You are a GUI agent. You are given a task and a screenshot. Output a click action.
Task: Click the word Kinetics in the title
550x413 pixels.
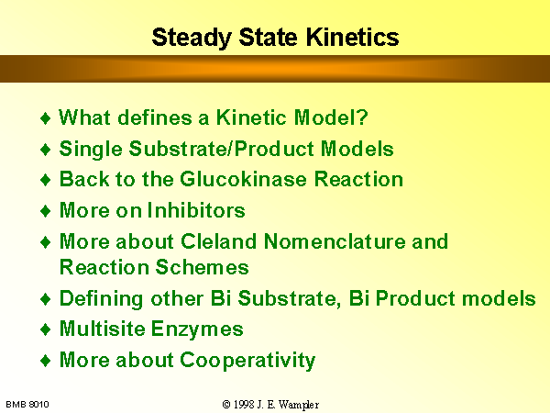(x=352, y=37)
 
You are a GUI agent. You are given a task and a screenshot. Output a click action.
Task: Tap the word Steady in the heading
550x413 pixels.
(x=192, y=39)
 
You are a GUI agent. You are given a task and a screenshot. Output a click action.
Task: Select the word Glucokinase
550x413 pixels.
(x=244, y=179)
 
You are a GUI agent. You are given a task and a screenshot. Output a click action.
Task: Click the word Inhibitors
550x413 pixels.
(x=196, y=210)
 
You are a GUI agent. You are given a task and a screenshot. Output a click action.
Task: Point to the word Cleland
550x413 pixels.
(x=218, y=241)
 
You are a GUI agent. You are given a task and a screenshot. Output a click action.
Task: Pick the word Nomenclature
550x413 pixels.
(x=335, y=241)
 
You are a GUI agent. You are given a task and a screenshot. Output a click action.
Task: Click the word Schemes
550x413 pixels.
(x=202, y=267)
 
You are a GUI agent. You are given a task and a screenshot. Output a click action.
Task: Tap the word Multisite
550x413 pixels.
(x=102, y=329)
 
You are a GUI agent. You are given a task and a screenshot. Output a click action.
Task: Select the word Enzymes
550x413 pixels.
(x=197, y=329)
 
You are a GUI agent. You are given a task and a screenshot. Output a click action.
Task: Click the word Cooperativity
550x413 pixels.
(x=247, y=361)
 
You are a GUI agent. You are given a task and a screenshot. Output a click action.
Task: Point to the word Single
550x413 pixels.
(x=91, y=150)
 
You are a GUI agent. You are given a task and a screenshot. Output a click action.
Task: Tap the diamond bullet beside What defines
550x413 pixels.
(x=46, y=118)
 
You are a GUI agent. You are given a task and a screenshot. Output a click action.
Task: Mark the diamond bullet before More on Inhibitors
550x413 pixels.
(x=46, y=211)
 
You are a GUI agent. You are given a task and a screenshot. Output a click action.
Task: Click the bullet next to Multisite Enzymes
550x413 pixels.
(x=46, y=329)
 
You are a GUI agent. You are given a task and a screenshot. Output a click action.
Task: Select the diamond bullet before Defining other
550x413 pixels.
(x=46, y=299)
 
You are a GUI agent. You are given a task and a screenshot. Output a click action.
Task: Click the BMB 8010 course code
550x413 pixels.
(x=27, y=404)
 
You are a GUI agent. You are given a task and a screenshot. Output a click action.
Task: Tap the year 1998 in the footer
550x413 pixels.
(x=244, y=404)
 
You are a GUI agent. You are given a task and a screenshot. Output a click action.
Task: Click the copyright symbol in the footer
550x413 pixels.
(x=226, y=405)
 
